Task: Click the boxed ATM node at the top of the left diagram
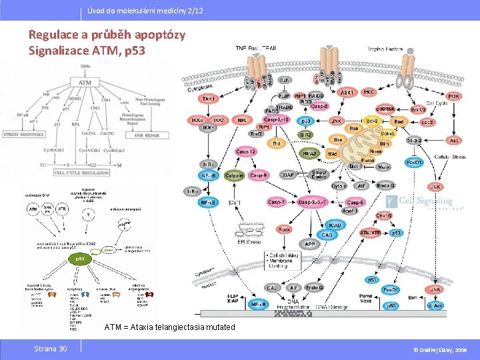[x=85, y=82]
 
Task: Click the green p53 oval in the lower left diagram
[x=78, y=257]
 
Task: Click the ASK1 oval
[x=347, y=93]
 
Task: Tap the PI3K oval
[x=453, y=97]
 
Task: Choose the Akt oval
[x=454, y=141]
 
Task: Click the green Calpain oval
[x=233, y=176]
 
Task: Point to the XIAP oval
[x=287, y=175]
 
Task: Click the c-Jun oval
[x=435, y=305]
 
